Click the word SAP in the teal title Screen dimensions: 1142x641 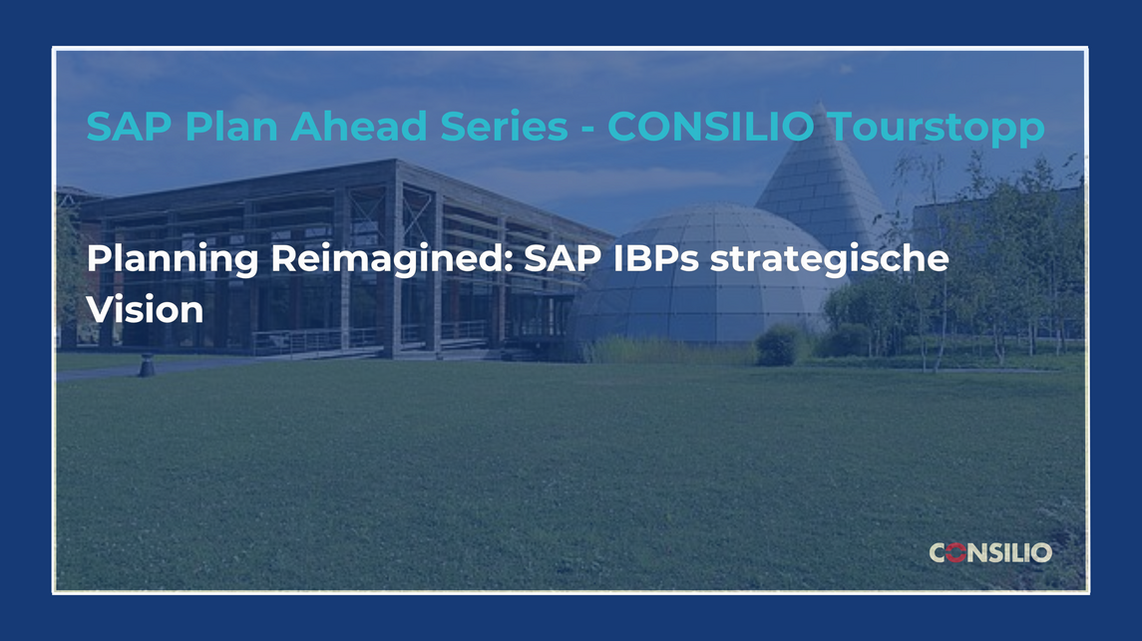pos(129,126)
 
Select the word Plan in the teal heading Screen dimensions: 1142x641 pos(231,126)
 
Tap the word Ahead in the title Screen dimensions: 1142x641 pos(359,126)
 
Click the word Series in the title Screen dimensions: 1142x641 pos(504,126)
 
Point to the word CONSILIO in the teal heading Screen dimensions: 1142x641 pos(711,126)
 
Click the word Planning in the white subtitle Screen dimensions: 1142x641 pos(173,260)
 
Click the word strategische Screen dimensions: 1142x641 pos(830,260)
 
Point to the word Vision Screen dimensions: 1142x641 pos(145,309)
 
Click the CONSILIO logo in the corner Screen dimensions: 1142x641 pos(990,553)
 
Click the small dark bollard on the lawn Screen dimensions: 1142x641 pos(148,365)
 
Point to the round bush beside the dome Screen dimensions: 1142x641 pos(780,345)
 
